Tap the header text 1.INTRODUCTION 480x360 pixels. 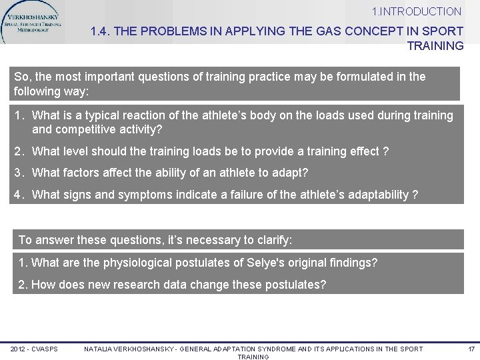click(417, 11)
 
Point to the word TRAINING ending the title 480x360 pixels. click(435, 46)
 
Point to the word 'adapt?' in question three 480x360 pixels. click(291, 173)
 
